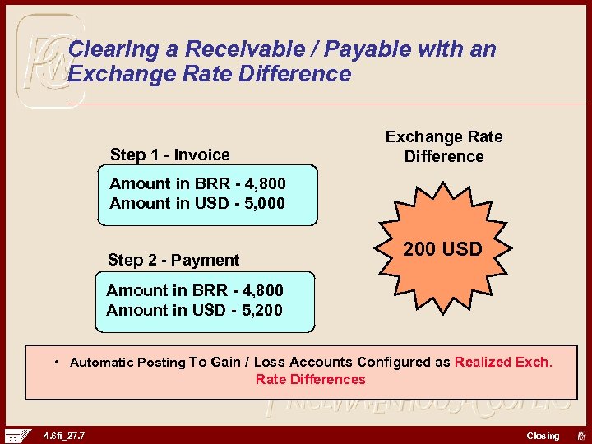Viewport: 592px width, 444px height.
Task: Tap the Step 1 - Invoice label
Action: point(170,155)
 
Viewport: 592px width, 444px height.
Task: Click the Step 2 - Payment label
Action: point(173,260)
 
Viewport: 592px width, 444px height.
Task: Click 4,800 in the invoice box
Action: point(259,183)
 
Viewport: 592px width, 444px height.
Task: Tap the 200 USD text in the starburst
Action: point(442,249)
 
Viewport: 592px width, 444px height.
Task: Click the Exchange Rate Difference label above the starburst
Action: point(444,146)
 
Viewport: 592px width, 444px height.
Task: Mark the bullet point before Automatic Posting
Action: point(57,362)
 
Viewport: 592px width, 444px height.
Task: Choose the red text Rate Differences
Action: point(311,379)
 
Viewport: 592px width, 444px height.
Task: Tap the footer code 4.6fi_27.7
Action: point(63,436)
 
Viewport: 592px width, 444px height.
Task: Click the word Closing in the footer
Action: point(543,436)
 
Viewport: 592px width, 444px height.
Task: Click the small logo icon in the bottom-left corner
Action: point(16,435)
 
